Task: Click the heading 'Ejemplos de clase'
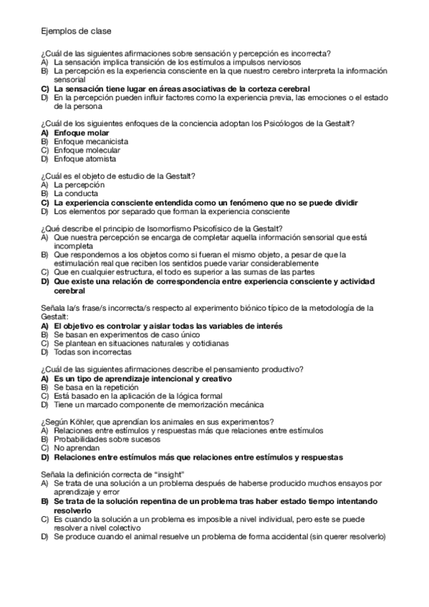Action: tap(76, 31)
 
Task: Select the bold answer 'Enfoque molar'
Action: tap(82, 133)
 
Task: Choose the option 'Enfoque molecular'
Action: tap(87, 150)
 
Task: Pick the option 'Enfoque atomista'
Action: tap(85, 159)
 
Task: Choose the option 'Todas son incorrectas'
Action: tap(92, 352)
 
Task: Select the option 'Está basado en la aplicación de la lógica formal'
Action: tap(138, 395)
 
